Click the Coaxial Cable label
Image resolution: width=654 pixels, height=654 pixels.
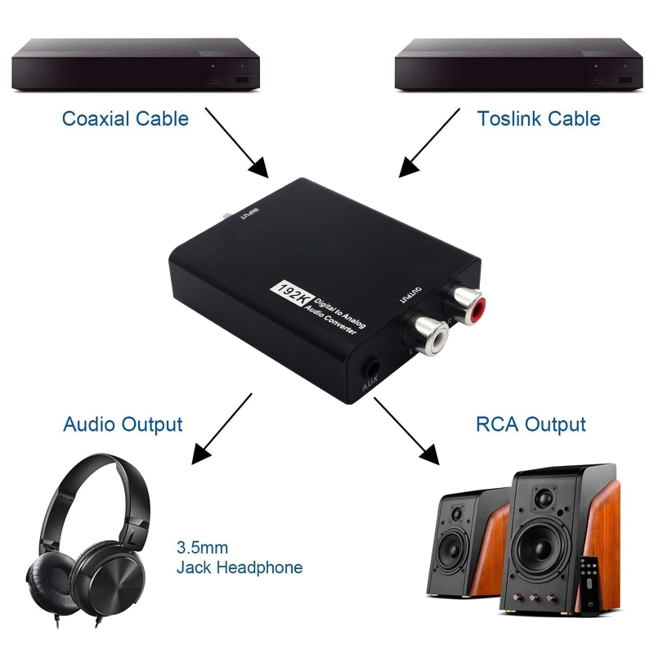click(x=125, y=119)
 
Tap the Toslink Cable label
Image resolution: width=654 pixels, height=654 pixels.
click(x=538, y=119)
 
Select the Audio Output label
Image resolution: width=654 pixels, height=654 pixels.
click(x=123, y=425)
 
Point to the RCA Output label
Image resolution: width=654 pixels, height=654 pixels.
click(x=531, y=425)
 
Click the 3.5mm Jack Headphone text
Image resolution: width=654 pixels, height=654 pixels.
click(x=239, y=558)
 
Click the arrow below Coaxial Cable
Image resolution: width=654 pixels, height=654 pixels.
click(x=236, y=142)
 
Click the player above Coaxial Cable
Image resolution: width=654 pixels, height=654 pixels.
click(x=135, y=65)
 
